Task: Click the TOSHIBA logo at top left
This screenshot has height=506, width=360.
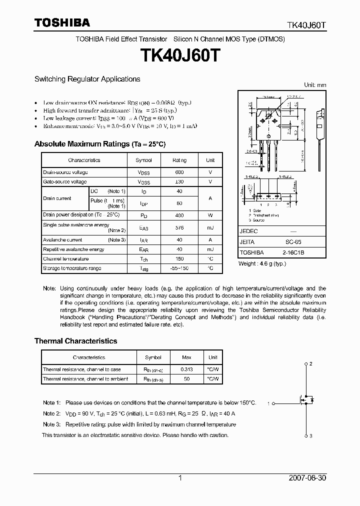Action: pyautogui.click(x=61, y=22)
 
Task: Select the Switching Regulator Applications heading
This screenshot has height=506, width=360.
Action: pyautogui.click(x=87, y=79)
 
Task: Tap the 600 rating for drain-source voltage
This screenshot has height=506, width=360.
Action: pyautogui.click(x=179, y=172)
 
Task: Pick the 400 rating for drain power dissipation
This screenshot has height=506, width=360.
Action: pyautogui.click(x=179, y=215)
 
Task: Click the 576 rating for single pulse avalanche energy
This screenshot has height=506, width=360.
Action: pyautogui.click(x=179, y=227)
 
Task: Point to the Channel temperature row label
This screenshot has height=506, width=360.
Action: pyautogui.click(x=65, y=259)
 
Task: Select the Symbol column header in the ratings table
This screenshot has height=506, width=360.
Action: pyautogui.click(x=143, y=160)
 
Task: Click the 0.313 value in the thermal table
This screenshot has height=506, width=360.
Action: pyautogui.click(x=186, y=369)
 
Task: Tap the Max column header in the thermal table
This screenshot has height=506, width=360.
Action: pyautogui.click(x=186, y=357)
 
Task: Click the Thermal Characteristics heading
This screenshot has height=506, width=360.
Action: pyautogui.click(x=75, y=341)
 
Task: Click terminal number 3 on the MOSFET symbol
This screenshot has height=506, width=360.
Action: pyautogui.click(x=311, y=436)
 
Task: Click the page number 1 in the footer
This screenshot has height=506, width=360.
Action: pyautogui.click(x=180, y=478)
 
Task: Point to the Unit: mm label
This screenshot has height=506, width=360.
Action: pyautogui.click(x=315, y=85)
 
